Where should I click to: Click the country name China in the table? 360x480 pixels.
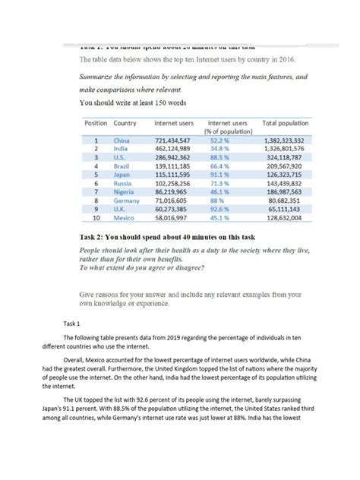pyautogui.click(x=122, y=141)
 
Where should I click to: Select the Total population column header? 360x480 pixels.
pyautogui.click(x=286, y=122)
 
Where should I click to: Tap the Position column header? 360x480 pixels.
pyautogui.click(x=96, y=122)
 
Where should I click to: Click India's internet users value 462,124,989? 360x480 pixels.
pyautogui.click(x=172, y=150)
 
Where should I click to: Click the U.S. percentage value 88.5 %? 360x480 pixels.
pyautogui.click(x=220, y=158)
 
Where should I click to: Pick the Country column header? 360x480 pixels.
pyautogui.click(x=125, y=122)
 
